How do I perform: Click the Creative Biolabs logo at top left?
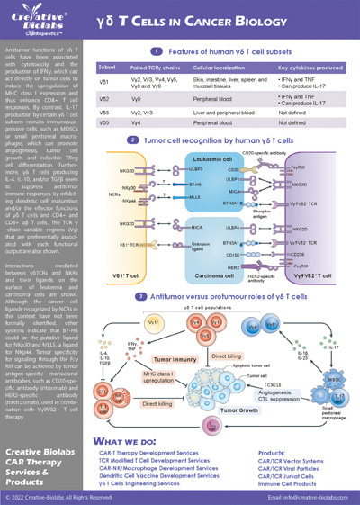(37, 21)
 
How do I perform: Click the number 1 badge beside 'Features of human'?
(157, 52)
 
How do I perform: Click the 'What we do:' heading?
(131, 418)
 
